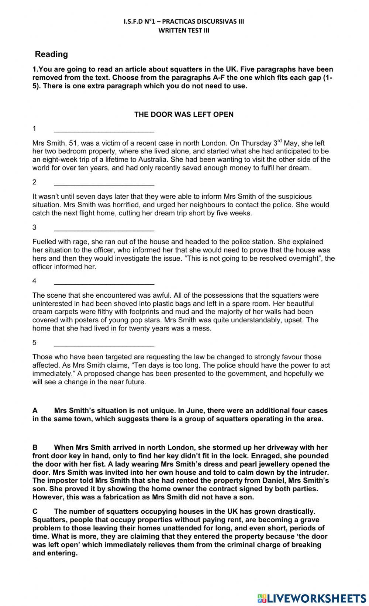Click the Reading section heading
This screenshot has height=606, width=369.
51,54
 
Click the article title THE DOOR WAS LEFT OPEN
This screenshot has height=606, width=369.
184,114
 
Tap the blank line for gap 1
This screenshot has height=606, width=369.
104,129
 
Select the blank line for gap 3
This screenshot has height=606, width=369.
104,228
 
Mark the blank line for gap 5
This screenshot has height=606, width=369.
104,344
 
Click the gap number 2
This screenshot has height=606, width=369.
34,182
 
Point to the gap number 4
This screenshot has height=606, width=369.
34,281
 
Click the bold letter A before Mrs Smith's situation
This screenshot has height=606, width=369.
35,411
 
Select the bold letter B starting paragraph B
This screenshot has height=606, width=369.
35,447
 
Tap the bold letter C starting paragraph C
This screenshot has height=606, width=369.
35,511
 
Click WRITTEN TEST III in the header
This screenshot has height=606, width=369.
184,31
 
